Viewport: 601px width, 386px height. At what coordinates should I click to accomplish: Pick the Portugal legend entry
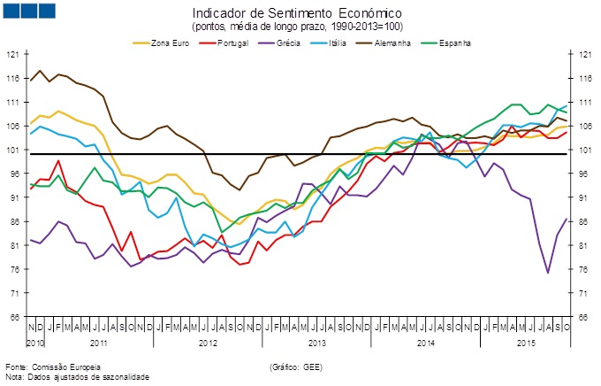click(232, 42)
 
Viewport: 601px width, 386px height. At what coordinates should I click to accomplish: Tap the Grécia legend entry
click(291, 42)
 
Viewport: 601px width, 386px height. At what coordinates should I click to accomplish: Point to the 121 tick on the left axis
click(12, 54)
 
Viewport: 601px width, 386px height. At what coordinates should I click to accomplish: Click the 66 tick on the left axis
click(13, 316)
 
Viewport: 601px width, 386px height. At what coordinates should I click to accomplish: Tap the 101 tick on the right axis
click(586, 150)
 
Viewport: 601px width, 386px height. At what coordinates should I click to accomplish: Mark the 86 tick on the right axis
click(585, 221)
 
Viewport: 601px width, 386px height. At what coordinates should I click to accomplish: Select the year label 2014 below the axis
click(425, 341)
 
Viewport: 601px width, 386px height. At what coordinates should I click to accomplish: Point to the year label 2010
click(36, 341)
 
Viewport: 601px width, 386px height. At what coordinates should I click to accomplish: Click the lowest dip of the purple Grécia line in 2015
click(548, 273)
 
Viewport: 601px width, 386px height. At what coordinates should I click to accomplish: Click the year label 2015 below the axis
click(526, 341)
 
